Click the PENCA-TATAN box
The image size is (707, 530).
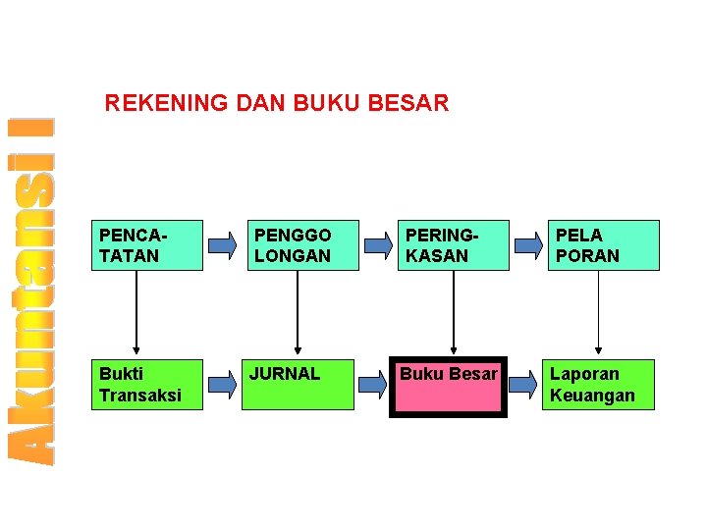(x=147, y=245)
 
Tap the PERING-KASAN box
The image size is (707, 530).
(x=454, y=245)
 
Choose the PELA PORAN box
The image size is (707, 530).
(x=604, y=245)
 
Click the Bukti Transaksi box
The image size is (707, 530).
(x=147, y=384)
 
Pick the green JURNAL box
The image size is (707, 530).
(x=298, y=384)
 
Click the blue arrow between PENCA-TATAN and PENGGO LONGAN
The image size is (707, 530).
(x=224, y=245)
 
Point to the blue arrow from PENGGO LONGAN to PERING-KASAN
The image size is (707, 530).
(x=374, y=245)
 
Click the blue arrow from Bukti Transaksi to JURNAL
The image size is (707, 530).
(x=224, y=384)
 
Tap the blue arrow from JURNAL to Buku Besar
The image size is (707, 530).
(x=372, y=384)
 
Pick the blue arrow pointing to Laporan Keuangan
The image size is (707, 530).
(x=525, y=384)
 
